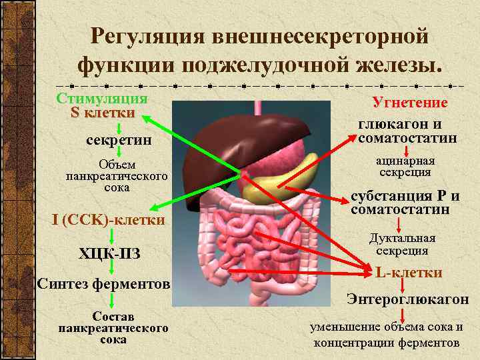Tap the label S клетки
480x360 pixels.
click(x=103, y=113)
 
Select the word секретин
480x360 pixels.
click(x=119, y=141)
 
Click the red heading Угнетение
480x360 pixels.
click(x=409, y=103)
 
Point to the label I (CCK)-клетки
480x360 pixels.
click(x=109, y=219)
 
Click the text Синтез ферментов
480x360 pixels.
click(x=104, y=284)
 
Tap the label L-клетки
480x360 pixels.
click(x=409, y=273)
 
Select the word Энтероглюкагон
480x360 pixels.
click(x=407, y=299)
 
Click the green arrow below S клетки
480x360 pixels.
click(x=118, y=127)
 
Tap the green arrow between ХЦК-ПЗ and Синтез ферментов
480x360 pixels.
click(x=111, y=267)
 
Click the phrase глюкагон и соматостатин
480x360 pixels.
click(x=407, y=131)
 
